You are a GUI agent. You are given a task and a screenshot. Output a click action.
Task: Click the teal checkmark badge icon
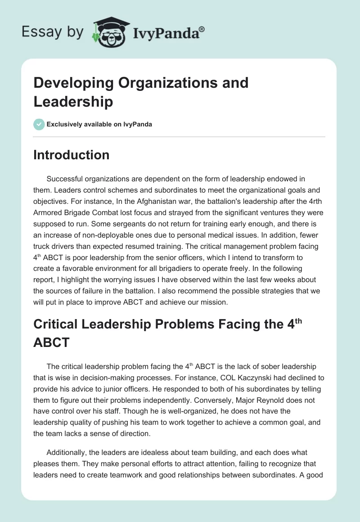coord(39,124)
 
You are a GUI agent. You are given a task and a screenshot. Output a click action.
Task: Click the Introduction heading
coord(71,155)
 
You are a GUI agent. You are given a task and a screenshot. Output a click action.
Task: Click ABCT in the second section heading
coord(51,343)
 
